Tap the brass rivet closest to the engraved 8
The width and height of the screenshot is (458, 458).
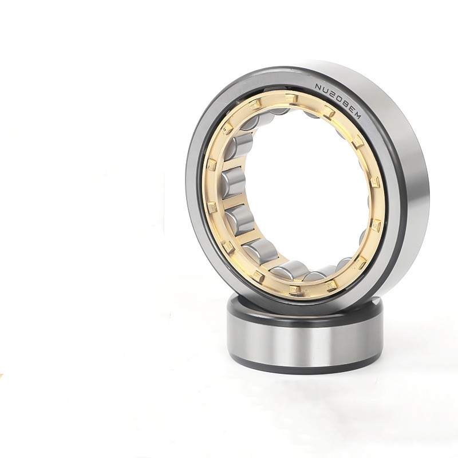point(329,111)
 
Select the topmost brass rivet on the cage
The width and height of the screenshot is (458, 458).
point(291,98)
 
